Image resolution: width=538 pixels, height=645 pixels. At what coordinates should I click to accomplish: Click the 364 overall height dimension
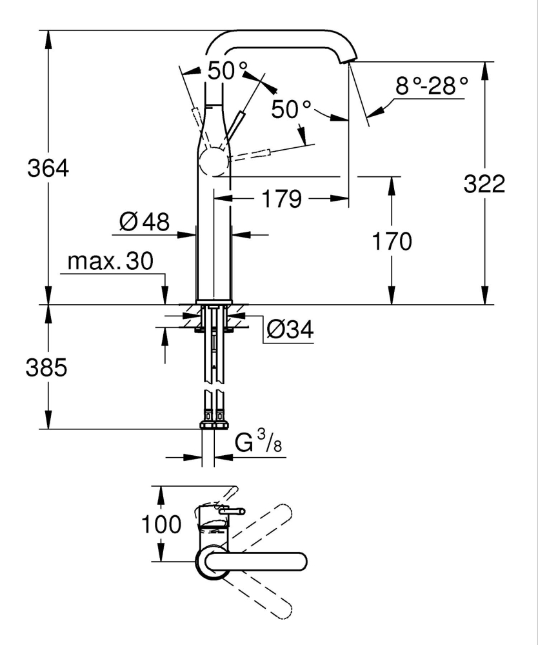[x=48, y=169]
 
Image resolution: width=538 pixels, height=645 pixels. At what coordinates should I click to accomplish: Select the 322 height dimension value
[x=484, y=184]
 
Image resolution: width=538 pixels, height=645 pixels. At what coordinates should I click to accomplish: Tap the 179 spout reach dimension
[x=281, y=200]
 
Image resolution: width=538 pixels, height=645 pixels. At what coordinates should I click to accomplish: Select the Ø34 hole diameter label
[x=290, y=330]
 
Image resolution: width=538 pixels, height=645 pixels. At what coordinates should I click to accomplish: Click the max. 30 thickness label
[x=110, y=261]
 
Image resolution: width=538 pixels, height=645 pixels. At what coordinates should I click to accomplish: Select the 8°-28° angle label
[x=431, y=85]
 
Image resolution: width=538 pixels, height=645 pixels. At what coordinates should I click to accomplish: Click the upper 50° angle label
[x=228, y=71]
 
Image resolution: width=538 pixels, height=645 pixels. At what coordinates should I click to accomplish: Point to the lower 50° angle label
[x=291, y=109]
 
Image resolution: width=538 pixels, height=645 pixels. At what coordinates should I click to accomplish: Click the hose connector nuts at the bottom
[x=214, y=425]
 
